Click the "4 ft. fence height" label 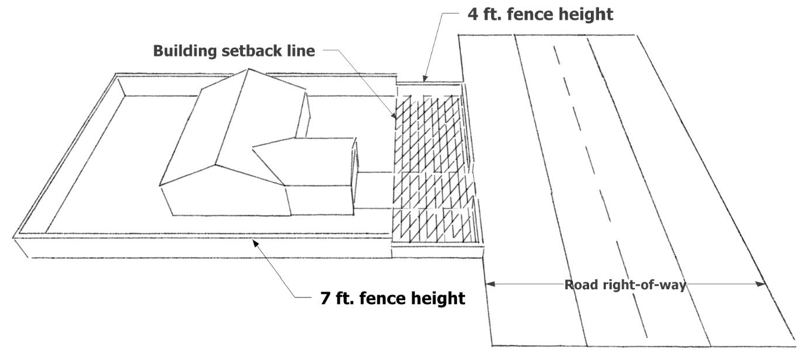(540, 14)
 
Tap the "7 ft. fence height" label (393, 298)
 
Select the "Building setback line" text (234, 51)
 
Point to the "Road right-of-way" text (625, 285)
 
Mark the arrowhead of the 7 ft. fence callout (254, 243)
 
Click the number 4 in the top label (473, 14)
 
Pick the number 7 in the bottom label (326, 298)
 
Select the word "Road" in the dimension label (578, 285)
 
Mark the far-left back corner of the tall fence (117, 75)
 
